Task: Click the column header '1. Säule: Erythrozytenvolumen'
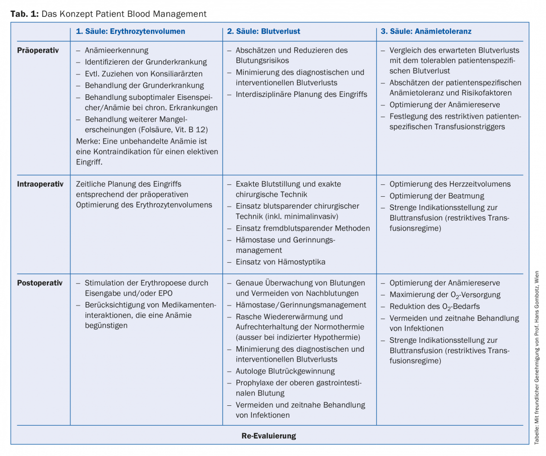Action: click(130, 31)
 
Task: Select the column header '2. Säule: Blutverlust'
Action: click(264, 31)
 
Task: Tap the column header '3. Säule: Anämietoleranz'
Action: click(426, 31)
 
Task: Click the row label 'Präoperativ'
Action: click(38, 50)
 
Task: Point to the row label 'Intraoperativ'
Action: click(40, 184)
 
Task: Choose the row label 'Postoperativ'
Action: click(40, 283)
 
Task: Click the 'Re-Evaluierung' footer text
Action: click(269, 436)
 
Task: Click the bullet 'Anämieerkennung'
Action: click(116, 50)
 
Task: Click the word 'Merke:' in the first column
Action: click(88, 141)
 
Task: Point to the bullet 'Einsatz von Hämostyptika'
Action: click(280, 261)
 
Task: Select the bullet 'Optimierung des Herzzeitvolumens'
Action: click(450, 184)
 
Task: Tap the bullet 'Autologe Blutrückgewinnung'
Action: click(285, 371)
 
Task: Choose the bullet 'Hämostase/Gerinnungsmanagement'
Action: click(301, 305)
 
